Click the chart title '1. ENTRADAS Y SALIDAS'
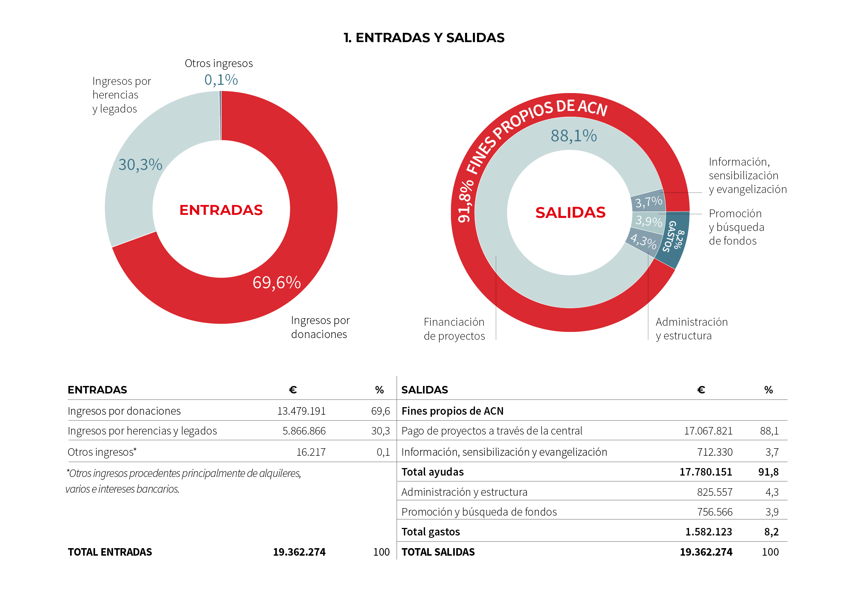424,38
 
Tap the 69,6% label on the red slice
277,283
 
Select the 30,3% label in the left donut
140,165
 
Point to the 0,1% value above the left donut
221,80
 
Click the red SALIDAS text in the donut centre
570,212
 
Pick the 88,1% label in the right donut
573,135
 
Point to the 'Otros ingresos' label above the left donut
219,64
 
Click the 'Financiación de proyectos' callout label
454,329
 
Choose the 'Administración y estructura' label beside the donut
692,329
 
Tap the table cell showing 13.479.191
301,411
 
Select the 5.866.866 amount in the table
304,431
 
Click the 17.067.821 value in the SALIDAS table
708,431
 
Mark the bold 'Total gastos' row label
431,532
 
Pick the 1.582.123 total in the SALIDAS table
708,532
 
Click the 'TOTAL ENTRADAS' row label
110,552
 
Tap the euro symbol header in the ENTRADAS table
293,390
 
